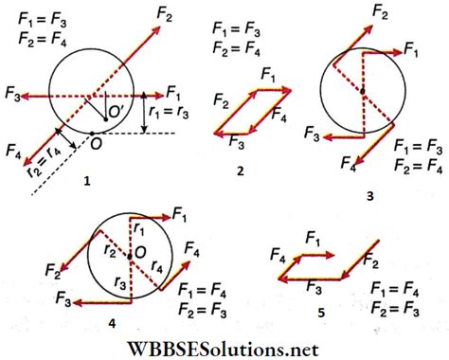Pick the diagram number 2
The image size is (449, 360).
(242, 173)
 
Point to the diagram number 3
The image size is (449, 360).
(369, 195)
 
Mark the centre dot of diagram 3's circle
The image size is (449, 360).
(362, 91)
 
